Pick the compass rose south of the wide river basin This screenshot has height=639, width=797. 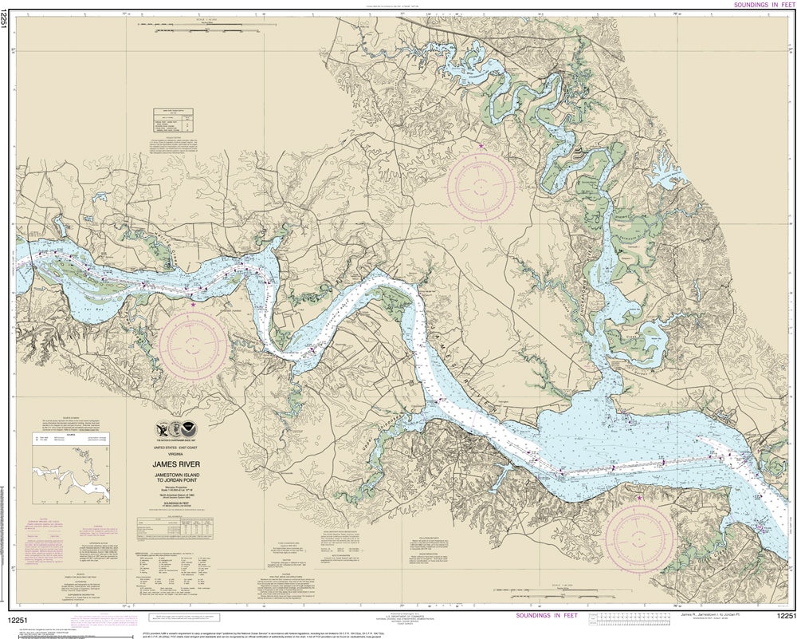[x=640, y=537]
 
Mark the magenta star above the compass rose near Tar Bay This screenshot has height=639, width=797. [x=193, y=303]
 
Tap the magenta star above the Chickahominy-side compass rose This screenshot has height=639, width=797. [x=481, y=147]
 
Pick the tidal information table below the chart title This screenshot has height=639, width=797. [x=183, y=526]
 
